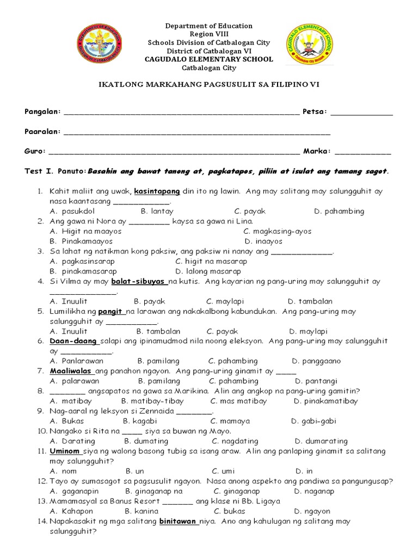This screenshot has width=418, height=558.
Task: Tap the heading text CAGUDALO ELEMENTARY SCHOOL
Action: [x=209, y=59]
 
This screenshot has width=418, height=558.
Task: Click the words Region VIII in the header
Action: [x=209, y=34]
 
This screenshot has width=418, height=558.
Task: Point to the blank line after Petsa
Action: [x=361, y=113]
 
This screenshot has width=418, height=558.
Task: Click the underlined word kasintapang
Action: [x=157, y=191]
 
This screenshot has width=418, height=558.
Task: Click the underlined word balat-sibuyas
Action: [x=139, y=282]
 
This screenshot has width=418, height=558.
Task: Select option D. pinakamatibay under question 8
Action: [x=325, y=401]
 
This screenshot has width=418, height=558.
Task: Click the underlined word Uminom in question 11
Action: [x=65, y=451]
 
